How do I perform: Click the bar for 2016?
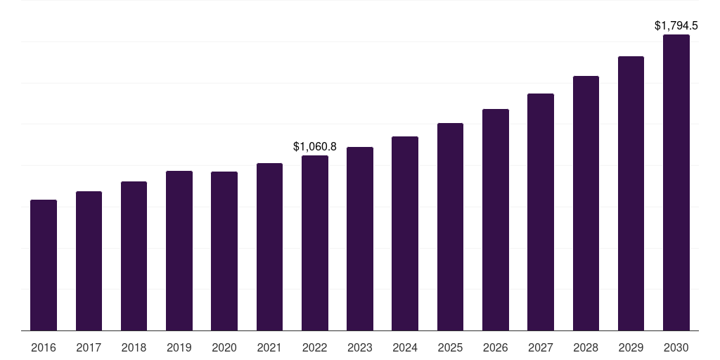click(44, 265)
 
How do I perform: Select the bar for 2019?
click(179, 250)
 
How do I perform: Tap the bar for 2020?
click(224, 251)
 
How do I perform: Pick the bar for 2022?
click(315, 243)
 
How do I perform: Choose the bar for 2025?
click(450, 226)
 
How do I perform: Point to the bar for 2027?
click(541, 212)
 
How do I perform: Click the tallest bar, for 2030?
click(676, 182)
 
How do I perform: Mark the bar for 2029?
click(631, 193)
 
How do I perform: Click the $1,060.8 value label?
click(315, 147)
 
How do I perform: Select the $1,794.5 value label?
click(676, 26)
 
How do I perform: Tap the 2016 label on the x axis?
click(44, 347)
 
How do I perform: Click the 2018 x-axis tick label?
click(134, 347)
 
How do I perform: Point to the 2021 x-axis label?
click(269, 347)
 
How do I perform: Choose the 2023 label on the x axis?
click(360, 347)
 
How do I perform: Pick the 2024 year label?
click(405, 347)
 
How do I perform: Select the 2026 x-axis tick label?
click(496, 347)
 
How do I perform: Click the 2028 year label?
click(586, 347)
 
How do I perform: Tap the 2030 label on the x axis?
click(676, 347)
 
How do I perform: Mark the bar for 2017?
click(89, 261)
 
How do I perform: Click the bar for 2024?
click(405, 233)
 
